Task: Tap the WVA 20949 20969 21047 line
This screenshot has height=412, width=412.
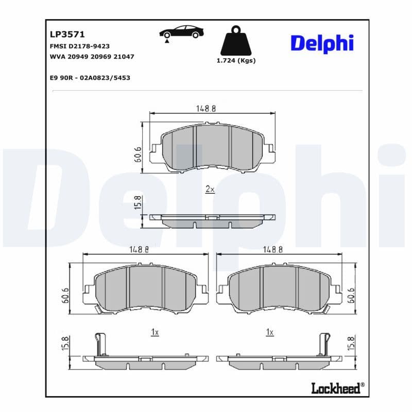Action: [92, 57]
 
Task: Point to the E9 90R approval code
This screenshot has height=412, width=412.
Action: [90, 77]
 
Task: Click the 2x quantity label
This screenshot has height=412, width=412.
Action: [210, 189]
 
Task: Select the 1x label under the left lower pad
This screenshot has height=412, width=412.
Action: [154, 333]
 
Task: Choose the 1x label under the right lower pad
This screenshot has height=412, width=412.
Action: [269, 333]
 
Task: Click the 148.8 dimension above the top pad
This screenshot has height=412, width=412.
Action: [205, 109]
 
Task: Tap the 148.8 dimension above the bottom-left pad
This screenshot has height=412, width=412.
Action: [139, 249]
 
